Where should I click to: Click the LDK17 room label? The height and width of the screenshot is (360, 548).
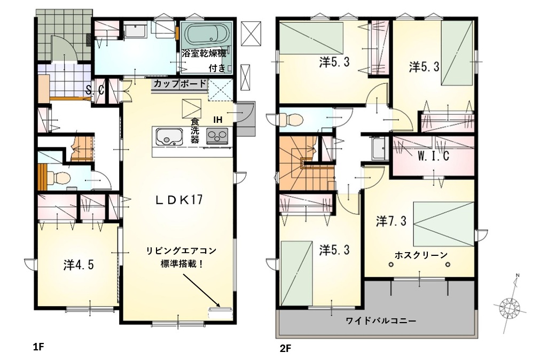[x=179, y=200]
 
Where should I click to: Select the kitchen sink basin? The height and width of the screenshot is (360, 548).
[x=169, y=137]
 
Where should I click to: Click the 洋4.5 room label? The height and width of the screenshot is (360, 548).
[x=79, y=264]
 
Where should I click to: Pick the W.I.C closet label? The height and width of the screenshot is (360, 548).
[x=433, y=156]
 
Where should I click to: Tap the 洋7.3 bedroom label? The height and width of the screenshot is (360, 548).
[x=391, y=221]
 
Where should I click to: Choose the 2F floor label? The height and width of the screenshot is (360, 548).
[x=285, y=348]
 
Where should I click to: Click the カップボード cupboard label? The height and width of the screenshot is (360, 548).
[x=179, y=84]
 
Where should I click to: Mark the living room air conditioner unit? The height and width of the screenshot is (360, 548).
[x=221, y=312]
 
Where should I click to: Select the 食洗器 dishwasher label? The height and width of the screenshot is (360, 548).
[x=194, y=131]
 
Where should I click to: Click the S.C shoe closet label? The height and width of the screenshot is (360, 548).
[x=95, y=91]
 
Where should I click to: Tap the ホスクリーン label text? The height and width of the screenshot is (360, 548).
[x=421, y=255]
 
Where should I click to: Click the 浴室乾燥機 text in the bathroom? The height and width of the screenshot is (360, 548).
[x=203, y=54]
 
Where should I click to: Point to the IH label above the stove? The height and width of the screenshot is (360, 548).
[x=218, y=120]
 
